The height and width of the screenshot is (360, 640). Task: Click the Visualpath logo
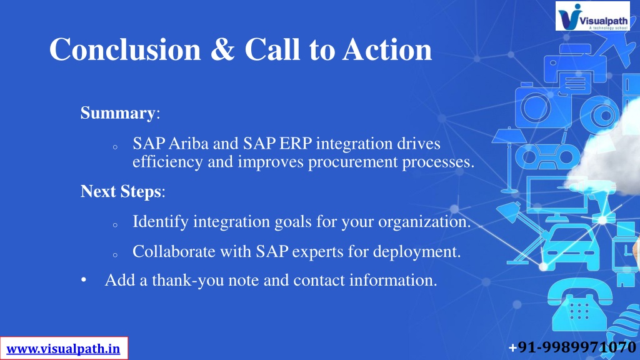[592, 16]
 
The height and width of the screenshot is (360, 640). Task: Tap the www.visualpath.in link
[63, 349]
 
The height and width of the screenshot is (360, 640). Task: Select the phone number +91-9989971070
[572, 347]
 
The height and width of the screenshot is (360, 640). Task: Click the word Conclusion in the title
[125, 49]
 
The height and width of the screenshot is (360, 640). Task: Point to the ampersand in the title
[223, 49]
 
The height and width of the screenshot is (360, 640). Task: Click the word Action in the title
[387, 49]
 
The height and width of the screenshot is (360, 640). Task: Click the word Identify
[161, 222]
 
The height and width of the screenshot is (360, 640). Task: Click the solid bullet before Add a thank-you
[84, 281]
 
